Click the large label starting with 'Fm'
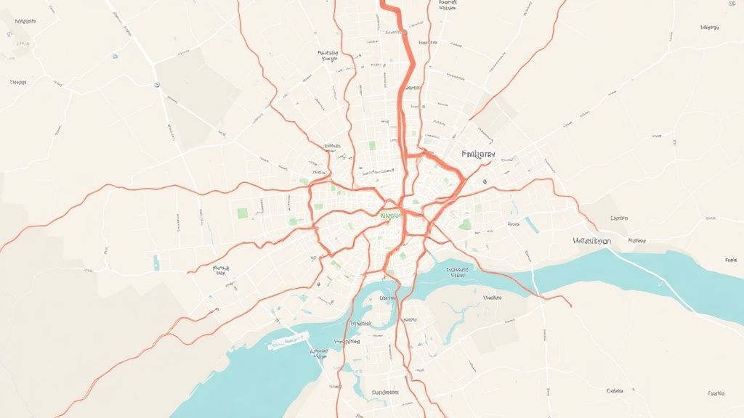point(478,155)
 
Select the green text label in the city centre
point(389,215)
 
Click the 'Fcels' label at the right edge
point(731,259)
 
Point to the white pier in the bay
point(288,340)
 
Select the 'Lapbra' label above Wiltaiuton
point(619,218)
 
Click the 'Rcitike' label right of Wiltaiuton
point(637,239)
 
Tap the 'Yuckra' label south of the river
point(492,298)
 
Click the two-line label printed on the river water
point(458,272)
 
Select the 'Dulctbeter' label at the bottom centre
point(385,392)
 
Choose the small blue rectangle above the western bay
point(155,261)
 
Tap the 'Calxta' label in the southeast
point(615,390)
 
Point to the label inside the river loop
point(387,298)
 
